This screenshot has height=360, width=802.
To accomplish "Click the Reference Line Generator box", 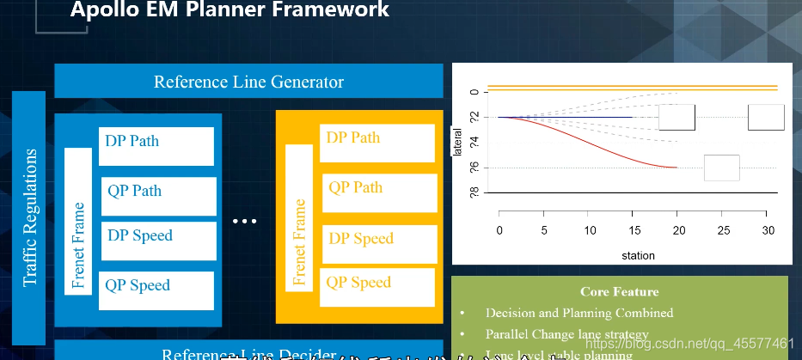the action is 248,82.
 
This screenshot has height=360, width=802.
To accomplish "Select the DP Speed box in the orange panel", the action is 378,239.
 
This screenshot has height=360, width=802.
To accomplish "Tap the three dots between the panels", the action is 245,222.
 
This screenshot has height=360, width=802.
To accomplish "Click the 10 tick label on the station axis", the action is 589,231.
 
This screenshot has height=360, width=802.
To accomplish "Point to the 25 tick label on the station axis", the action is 724,231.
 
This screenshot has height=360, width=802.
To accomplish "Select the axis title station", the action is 637,255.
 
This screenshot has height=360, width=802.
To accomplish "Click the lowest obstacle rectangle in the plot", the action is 721,168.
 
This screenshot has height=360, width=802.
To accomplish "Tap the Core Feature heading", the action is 619,292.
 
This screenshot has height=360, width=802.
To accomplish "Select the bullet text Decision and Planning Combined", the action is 579,313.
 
